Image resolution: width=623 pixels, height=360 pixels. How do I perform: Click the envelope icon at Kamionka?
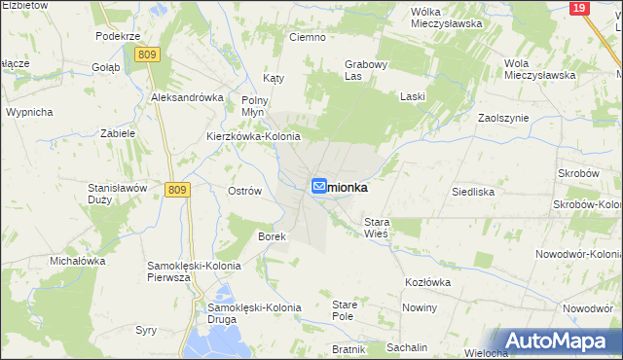[x=318, y=186]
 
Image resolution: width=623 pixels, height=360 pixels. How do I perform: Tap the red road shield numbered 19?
[x=578, y=8]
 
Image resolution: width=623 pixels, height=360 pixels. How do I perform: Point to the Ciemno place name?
[x=307, y=37]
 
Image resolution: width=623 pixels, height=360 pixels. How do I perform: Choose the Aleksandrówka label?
[x=188, y=97]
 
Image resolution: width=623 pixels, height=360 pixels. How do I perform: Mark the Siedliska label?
[x=473, y=192]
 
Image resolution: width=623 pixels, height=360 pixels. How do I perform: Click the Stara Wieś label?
[x=377, y=229]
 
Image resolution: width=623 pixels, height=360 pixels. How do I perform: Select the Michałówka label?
[x=78, y=261]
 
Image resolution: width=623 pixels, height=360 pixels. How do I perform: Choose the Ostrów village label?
[x=244, y=191]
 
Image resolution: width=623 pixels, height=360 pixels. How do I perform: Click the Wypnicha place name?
[x=29, y=112]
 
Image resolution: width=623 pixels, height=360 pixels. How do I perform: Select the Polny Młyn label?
[x=254, y=106]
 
